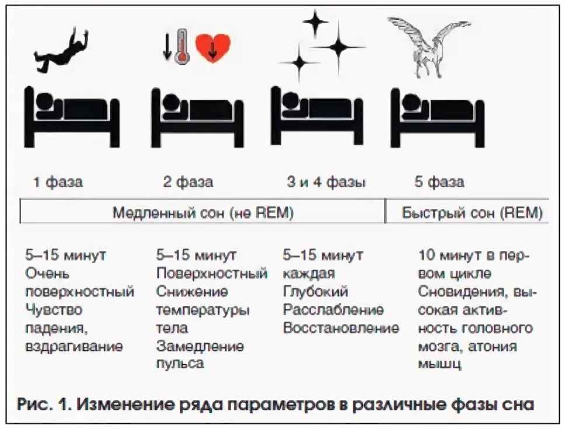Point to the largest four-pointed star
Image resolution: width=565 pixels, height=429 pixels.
[x=338, y=45]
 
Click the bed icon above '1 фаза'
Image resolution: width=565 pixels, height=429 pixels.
[x=72, y=116]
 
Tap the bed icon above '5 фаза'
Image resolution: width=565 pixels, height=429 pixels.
[x=436, y=116]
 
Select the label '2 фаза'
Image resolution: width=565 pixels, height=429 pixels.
[x=188, y=182]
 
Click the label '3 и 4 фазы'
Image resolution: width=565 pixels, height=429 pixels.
[x=326, y=182]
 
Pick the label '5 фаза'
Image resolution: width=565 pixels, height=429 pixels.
[x=440, y=182]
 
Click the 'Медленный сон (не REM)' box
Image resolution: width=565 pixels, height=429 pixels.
[x=203, y=213]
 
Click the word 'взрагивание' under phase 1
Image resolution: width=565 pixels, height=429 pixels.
[x=74, y=347]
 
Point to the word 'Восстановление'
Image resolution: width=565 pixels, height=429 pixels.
[x=341, y=328]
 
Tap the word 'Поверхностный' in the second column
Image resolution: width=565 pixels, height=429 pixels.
[x=211, y=273]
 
